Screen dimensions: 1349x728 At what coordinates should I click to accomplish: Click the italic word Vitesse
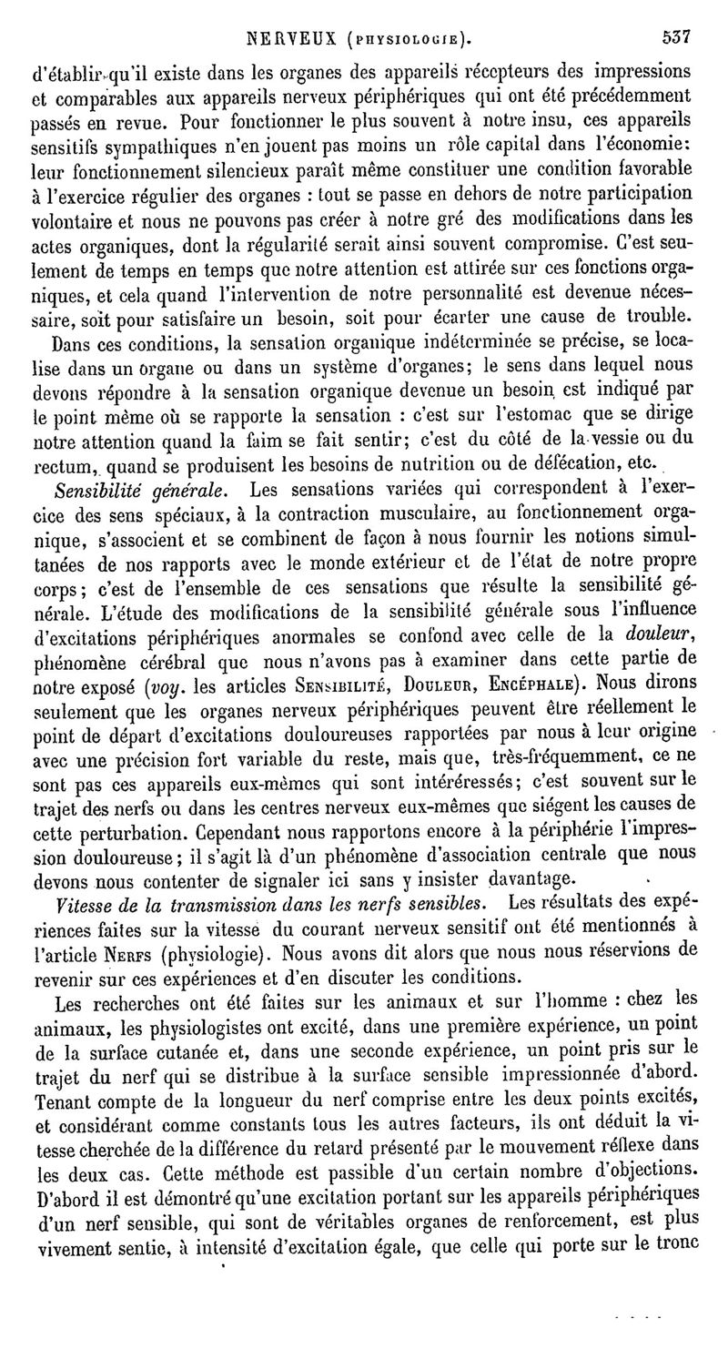pos(84,903)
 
